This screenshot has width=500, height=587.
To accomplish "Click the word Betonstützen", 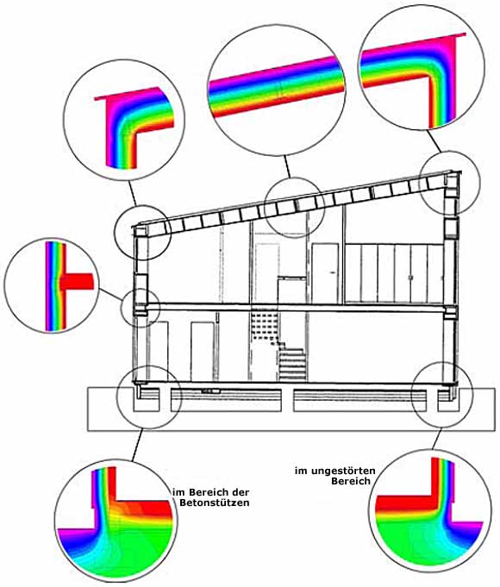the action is click(x=215, y=503).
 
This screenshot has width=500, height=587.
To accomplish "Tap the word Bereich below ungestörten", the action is click(x=351, y=481).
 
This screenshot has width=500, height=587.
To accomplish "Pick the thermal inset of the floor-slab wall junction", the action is click(x=51, y=286).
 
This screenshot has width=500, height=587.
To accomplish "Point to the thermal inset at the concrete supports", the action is click(x=116, y=520).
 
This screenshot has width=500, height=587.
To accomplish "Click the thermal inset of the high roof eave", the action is click(x=422, y=66).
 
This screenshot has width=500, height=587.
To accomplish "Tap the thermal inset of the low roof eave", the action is click(x=123, y=120).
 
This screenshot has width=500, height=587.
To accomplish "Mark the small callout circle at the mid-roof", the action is click(x=294, y=208).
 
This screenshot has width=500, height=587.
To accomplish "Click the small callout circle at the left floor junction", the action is click(x=140, y=308).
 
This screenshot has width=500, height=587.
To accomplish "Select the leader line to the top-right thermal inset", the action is click(x=434, y=141).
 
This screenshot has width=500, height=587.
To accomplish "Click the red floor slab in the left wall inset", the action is click(x=77, y=281).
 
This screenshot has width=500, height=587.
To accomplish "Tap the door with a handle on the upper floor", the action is click(x=325, y=272).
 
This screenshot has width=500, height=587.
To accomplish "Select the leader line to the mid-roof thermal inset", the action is click(x=287, y=166).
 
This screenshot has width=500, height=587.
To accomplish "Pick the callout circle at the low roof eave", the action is click(x=143, y=232).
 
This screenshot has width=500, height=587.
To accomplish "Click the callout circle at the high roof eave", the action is click(x=449, y=182).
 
